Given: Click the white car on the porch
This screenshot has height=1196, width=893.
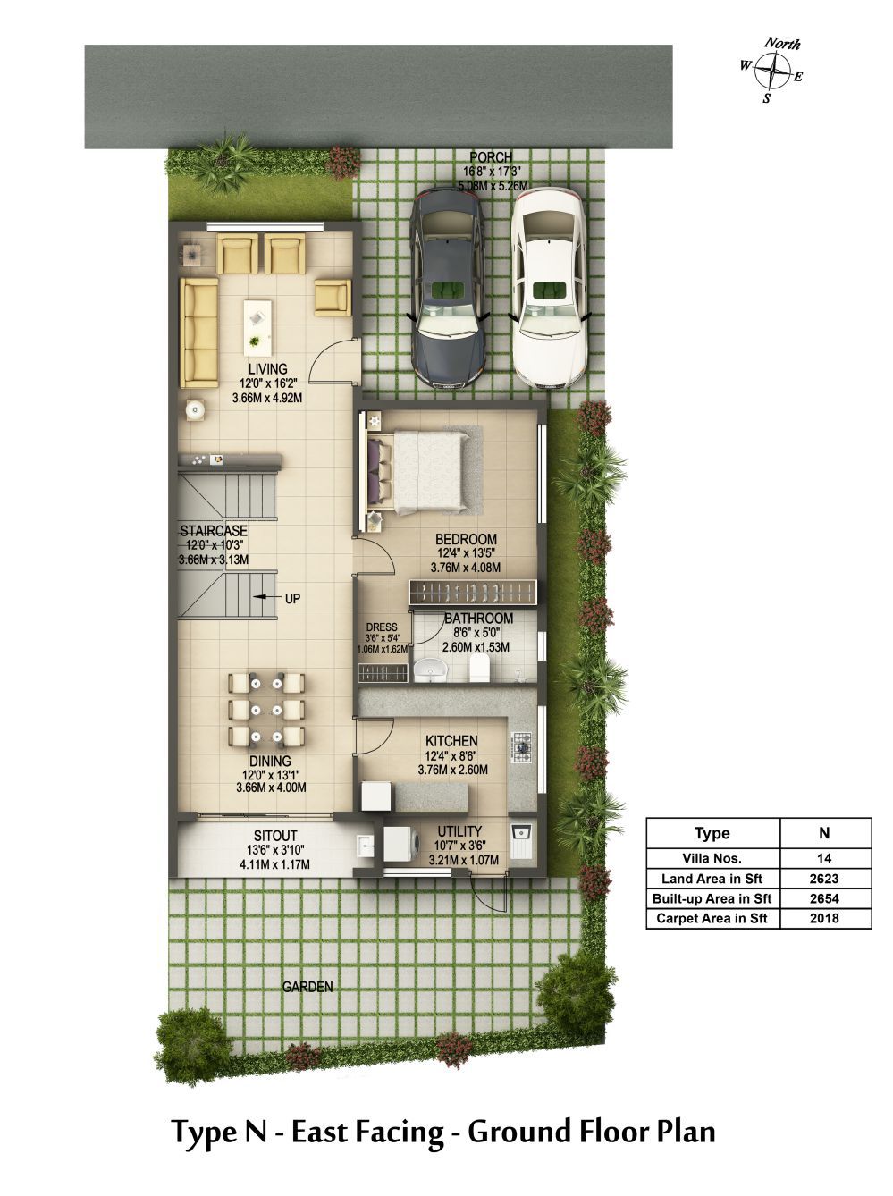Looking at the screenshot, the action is tap(549, 289).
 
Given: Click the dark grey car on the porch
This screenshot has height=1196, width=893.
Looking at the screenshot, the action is tap(449, 289).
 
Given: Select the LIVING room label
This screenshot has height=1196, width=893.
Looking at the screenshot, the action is tap(267, 369).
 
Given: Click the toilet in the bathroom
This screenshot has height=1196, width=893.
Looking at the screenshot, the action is tap(480, 667).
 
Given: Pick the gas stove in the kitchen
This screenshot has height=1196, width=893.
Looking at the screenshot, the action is tap(521, 746).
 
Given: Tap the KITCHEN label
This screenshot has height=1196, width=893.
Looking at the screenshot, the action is tap(451, 741).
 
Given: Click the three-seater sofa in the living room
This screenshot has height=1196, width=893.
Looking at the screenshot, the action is tap(198, 332).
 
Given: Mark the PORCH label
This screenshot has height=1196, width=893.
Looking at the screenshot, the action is tap(491, 158).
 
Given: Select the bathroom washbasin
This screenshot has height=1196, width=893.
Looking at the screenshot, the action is tap(430, 669).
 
